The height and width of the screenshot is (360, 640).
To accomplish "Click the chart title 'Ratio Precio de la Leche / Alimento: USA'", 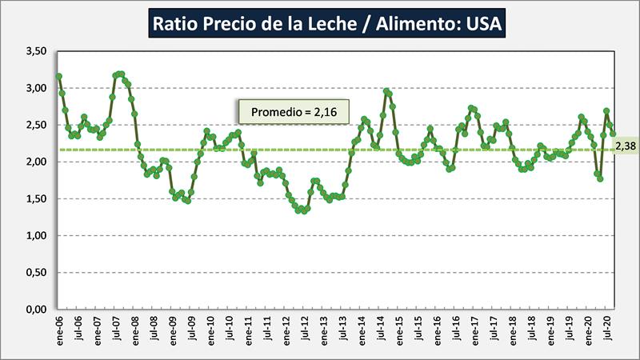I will (326, 24).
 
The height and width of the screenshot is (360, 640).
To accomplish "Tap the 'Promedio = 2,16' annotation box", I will (293, 112).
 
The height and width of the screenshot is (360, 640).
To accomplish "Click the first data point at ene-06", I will (59, 77).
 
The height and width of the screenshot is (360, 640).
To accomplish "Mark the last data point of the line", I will (613, 134).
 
